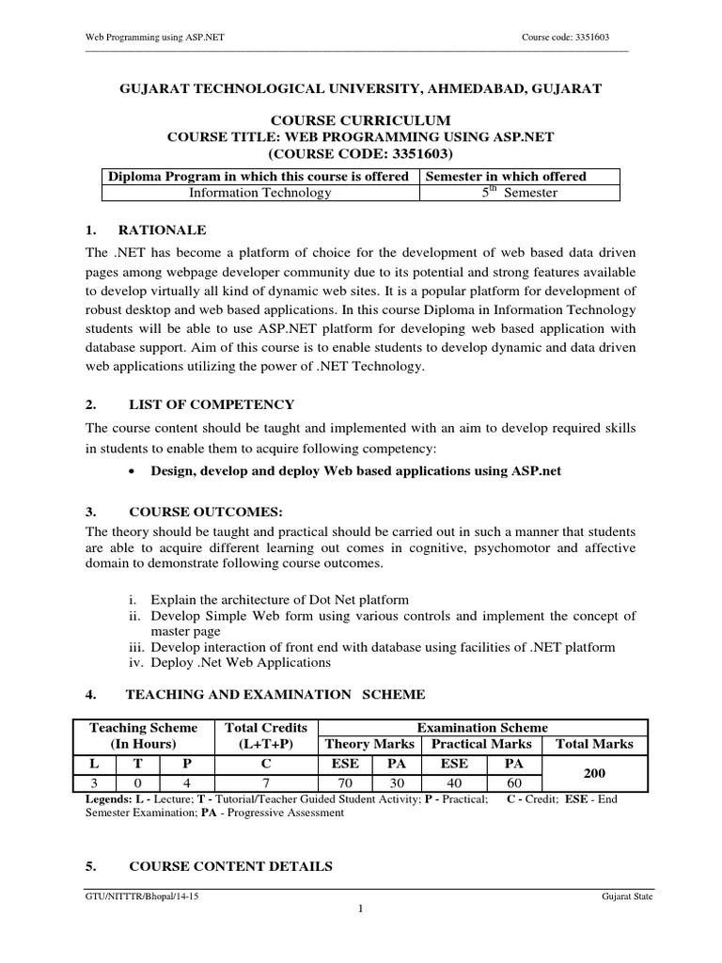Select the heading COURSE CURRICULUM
[361, 119]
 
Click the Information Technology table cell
[260, 193]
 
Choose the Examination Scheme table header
[482, 727]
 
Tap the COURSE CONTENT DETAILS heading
[229, 867]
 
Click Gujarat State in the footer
[627, 897]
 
